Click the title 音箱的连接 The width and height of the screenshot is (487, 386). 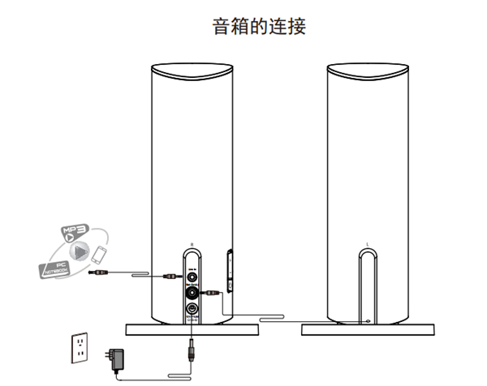259,27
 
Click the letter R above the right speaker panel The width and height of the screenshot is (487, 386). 191,244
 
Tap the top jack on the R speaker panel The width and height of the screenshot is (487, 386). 192,276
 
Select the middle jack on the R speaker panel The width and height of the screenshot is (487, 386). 192,292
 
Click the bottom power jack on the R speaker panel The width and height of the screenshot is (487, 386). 192,311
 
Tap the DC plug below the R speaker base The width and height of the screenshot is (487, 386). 192,350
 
